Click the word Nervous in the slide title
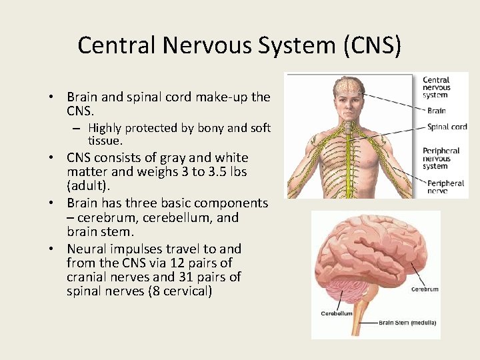click(212, 45)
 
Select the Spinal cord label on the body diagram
click(447, 127)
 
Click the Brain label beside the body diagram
click(436, 111)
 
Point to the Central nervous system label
click(437, 87)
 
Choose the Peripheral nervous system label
click(441, 159)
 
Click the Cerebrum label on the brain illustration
click(425, 290)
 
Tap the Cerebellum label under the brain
click(337, 313)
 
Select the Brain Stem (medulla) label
click(407, 323)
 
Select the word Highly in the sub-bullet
click(105, 128)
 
